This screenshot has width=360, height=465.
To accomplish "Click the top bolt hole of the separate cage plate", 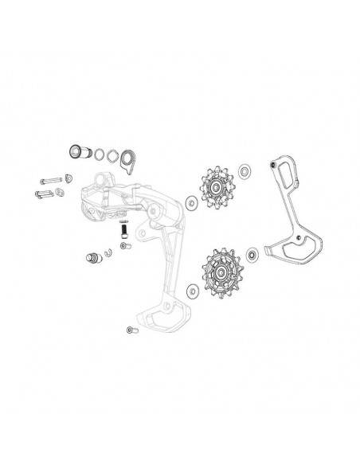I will [x=274, y=166].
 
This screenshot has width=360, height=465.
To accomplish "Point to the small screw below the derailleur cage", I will [x=131, y=330].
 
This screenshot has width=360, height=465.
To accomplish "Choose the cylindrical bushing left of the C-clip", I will [x=92, y=258].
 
